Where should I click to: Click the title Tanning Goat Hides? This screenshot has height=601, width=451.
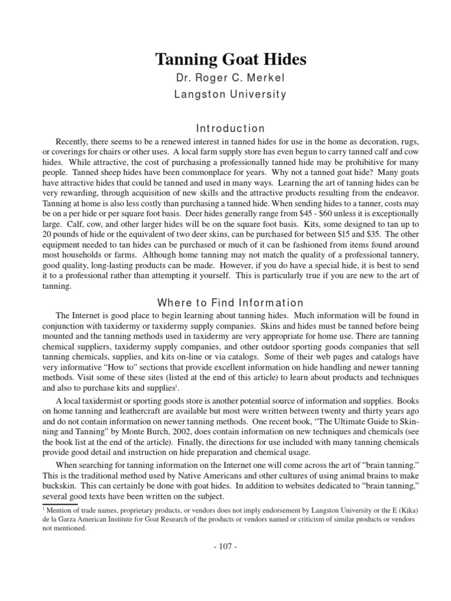coord(231,60)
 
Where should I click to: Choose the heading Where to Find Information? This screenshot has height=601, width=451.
coord(231,303)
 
